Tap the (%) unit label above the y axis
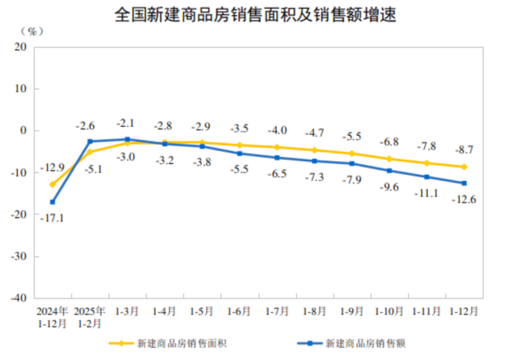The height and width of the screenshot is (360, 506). click(33, 31)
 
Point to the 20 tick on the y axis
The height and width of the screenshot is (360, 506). click(21, 47)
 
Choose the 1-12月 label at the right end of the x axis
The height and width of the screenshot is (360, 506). click(464, 311)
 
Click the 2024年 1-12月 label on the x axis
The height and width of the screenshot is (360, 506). click(53, 316)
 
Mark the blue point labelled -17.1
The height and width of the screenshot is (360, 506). click(53, 202)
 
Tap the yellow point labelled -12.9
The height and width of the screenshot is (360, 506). click(53, 184)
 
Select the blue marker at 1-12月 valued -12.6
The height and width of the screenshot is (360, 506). click(464, 183)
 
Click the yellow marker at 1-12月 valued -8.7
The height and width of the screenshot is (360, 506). click(464, 167)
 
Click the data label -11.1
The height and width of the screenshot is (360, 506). click(427, 193)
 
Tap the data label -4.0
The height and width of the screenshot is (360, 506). click(276, 130)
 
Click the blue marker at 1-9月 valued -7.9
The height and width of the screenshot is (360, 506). click(352, 163)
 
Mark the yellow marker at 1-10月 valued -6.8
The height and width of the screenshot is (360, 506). click(389, 158)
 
